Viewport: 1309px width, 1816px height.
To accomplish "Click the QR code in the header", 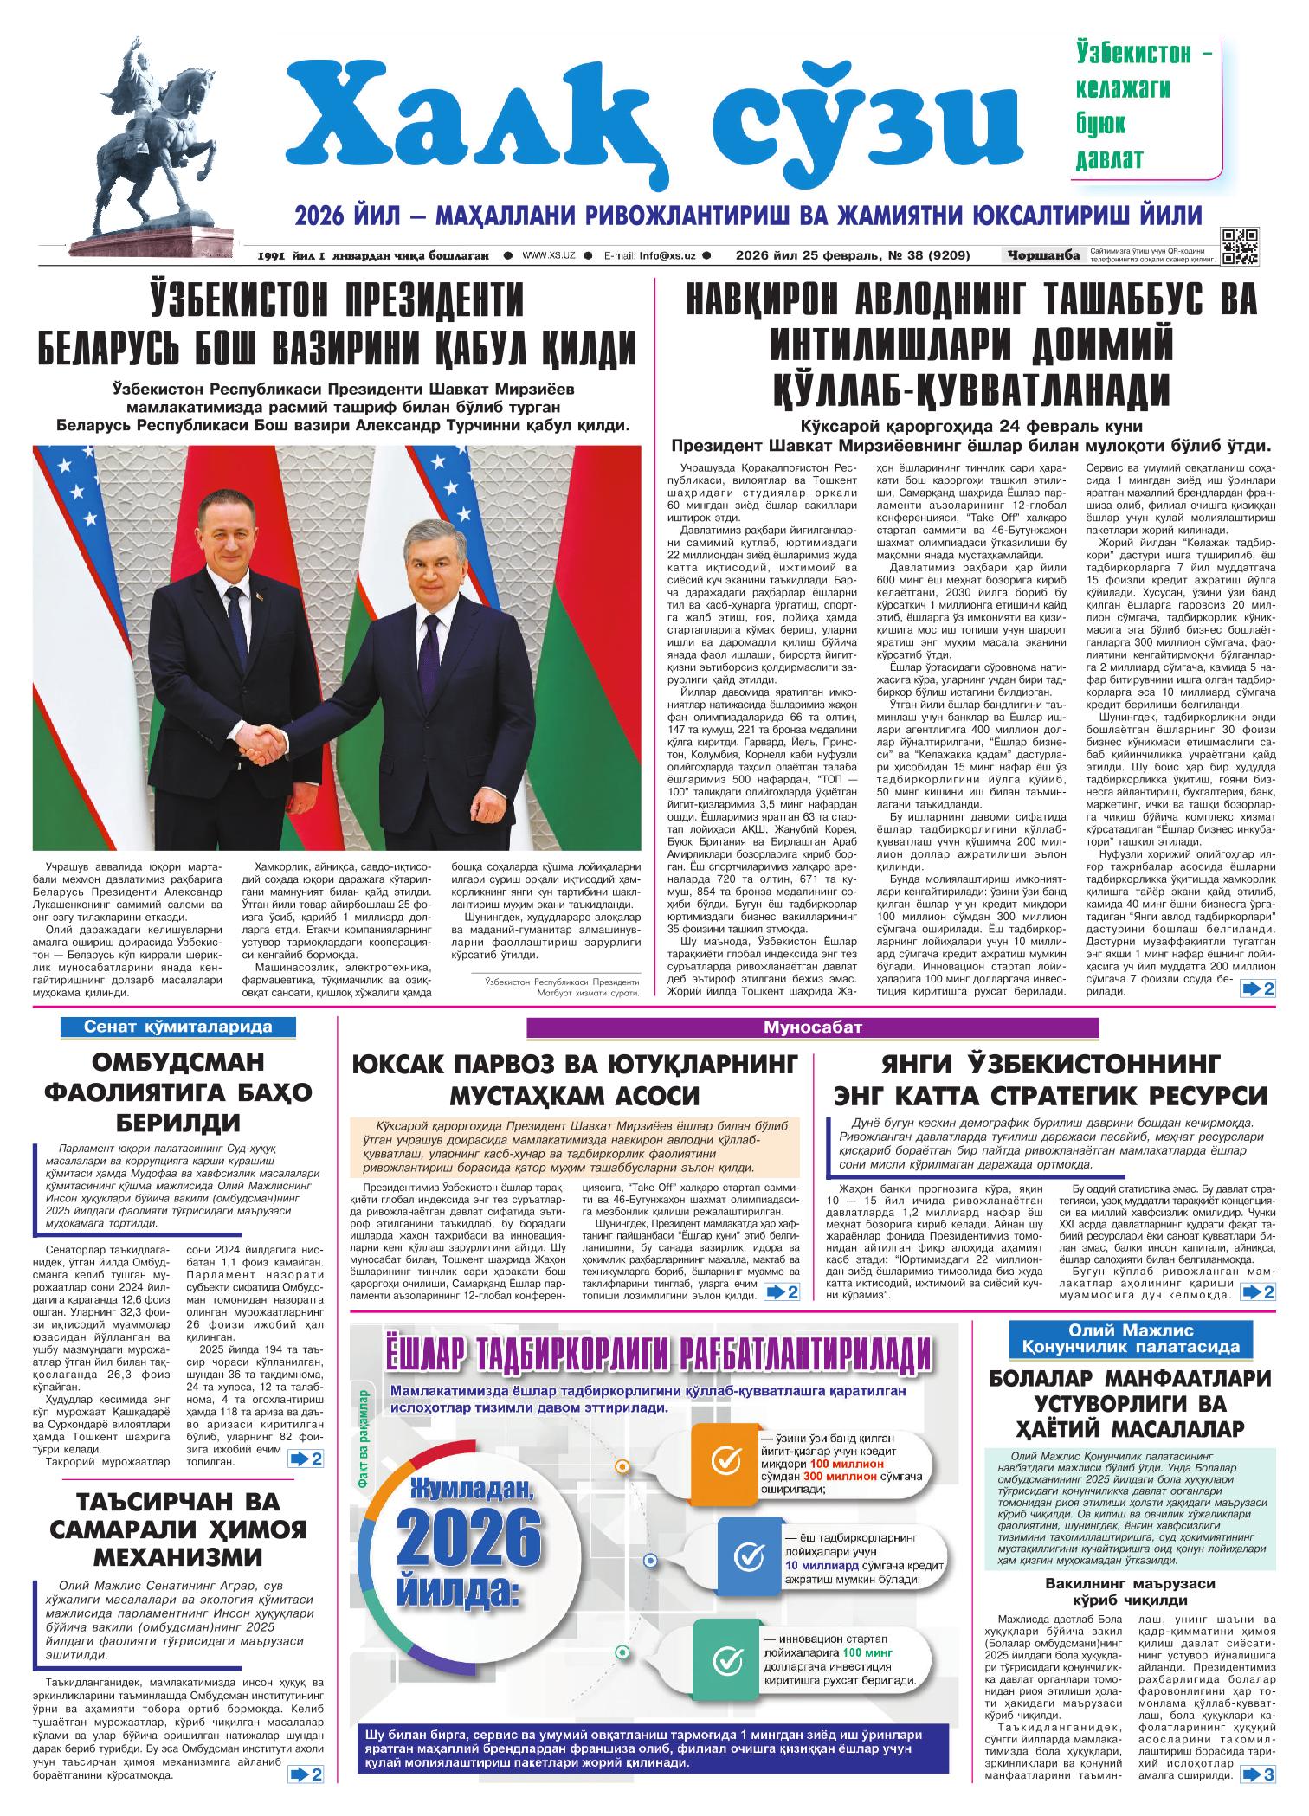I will (1240, 246).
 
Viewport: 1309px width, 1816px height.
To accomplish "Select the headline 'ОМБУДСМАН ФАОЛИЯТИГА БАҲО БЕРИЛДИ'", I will (178, 1092).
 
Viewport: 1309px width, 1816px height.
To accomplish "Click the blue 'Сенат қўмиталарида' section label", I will (177, 1027).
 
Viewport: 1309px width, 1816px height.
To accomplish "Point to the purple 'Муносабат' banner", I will (812, 1027).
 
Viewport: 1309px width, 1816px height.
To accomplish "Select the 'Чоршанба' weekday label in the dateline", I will (1044, 255).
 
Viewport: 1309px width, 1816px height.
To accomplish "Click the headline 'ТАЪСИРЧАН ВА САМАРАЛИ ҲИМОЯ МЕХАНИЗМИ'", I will (178, 1529).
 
